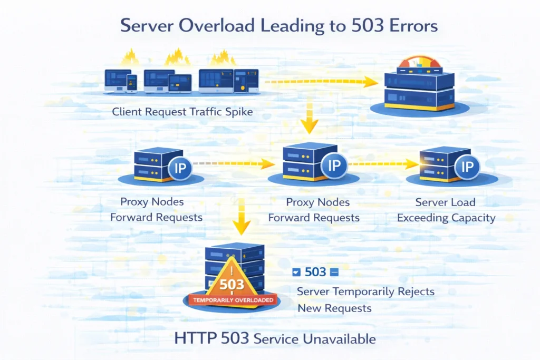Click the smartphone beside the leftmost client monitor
(132, 83)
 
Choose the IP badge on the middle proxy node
(334, 165)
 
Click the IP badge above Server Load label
(467, 168)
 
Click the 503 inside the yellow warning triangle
(233, 284)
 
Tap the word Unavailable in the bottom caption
(345, 339)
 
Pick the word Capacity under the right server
(472, 218)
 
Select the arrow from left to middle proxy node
(232, 164)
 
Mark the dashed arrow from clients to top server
(322, 82)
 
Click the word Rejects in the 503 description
(414, 291)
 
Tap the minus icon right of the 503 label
(333, 273)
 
